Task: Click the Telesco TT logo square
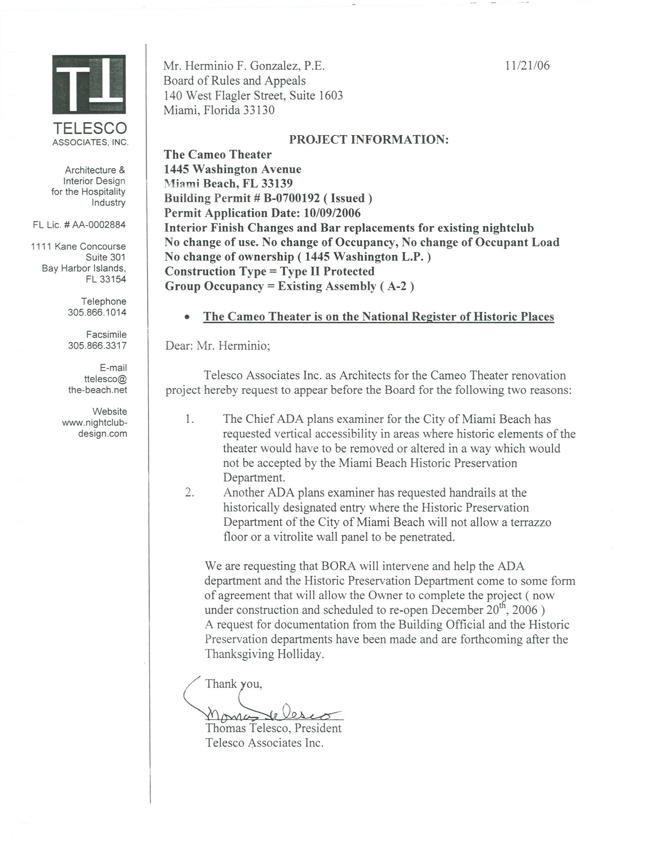pyautogui.click(x=89, y=85)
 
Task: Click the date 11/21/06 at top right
pyautogui.click(x=527, y=66)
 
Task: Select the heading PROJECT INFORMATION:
pyautogui.click(x=369, y=140)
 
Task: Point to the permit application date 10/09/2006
pyautogui.click(x=328, y=213)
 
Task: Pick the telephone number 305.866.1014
pyautogui.click(x=97, y=312)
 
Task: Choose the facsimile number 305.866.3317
pyautogui.click(x=97, y=346)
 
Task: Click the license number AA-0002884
pyautogui.click(x=98, y=225)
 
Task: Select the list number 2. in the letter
pyautogui.click(x=190, y=493)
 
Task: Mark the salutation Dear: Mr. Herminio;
pyautogui.click(x=218, y=346)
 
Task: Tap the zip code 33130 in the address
pyautogui.click(x=258, y=110)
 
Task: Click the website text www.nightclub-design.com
pyautogui.click(x=95, y=428)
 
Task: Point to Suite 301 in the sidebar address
pyautogui.click(x=105, y=257)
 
